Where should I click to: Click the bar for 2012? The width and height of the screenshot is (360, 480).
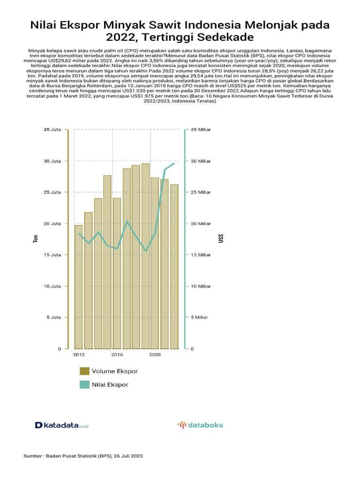pyautogui.click(x=79, y=287)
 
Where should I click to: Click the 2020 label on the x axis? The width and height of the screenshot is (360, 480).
pyautogui.click(x=155, y=355)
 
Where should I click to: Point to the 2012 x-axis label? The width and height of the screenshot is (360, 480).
pyautogui.click(x=79, y=355)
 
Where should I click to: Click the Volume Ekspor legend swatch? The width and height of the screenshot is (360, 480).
pyautogui.click(x=84, y=371)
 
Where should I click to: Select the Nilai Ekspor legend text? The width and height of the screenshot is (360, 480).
pyautogui.click(x=110, y=384)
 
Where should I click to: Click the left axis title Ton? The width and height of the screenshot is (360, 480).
pyautogui.click(x=36, y=239)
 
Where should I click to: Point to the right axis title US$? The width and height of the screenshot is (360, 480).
pyautogui.click(x=220, y=239)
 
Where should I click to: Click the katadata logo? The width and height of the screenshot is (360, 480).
pyautogui.click(x=62, y=425)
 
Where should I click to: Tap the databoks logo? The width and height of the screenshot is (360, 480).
pyautogui.click(x=200, y=425)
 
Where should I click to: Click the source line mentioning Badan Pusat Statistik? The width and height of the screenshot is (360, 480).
pyautogui.click(x=83, y=456)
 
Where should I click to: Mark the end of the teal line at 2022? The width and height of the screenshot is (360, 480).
pyautogui.click(x=174, y=163)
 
